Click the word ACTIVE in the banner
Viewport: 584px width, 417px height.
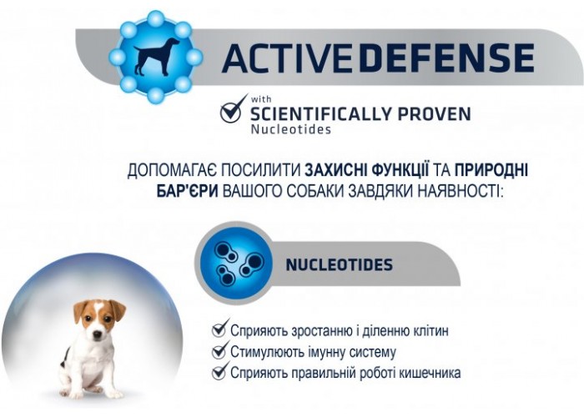286,58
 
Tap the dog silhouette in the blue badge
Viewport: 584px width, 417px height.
156,56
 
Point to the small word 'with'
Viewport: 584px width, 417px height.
260,99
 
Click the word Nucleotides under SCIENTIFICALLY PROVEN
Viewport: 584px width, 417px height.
290,129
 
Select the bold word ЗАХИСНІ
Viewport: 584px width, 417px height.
335,170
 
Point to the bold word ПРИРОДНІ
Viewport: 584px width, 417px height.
491,170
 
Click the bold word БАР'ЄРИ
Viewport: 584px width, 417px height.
187,191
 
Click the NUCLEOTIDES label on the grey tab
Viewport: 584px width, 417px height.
339,264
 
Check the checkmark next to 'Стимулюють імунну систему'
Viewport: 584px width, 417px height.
219,350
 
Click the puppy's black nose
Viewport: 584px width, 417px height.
98,335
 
